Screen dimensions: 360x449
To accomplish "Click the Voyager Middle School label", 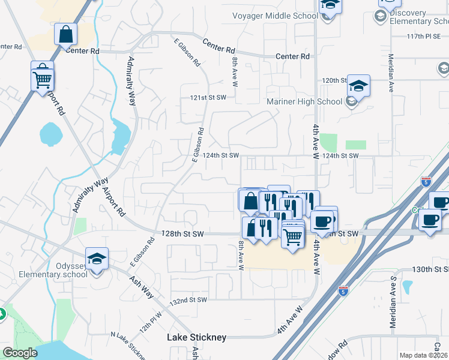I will tap(274, 16).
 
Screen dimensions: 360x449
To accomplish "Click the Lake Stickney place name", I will tap(196, 338).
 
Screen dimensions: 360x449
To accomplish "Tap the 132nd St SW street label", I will tap(188, 299).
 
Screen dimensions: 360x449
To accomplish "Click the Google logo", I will tap(20, 353).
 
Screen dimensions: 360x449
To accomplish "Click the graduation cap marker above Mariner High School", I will tap(358, 85).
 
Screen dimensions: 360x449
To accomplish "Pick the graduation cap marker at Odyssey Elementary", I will tap(97, 258).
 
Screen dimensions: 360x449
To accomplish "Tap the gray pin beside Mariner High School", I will tap(352, 102).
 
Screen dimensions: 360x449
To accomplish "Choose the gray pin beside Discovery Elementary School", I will tap(379, 16).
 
